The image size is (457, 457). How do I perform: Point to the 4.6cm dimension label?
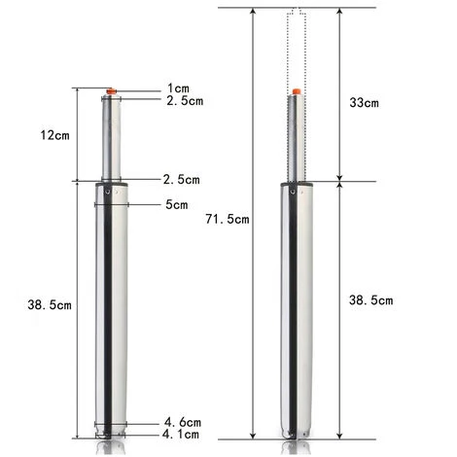tap(182, 423)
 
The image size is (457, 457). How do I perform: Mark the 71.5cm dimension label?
tap(229, 220)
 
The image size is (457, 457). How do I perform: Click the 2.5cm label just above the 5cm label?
tap(182, 180)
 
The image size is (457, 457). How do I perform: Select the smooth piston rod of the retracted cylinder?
tap(111, 136)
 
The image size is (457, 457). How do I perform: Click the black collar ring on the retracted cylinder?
tap(111, 182)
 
